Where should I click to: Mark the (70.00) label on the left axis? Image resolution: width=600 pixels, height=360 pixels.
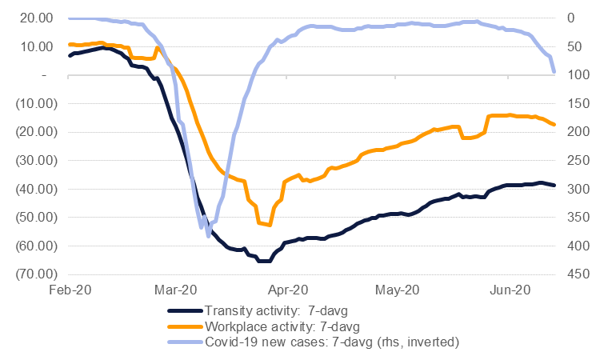pos(33,274)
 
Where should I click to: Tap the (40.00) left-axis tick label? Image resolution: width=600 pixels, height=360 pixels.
pos(33,189)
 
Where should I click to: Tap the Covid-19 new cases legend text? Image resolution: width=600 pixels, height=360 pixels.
pos(331,342)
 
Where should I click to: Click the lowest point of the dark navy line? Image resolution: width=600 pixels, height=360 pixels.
pos(263,261)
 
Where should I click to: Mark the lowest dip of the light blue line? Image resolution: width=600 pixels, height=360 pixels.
pos(209,236)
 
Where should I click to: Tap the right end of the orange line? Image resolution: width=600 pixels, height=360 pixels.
pos(554,124)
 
